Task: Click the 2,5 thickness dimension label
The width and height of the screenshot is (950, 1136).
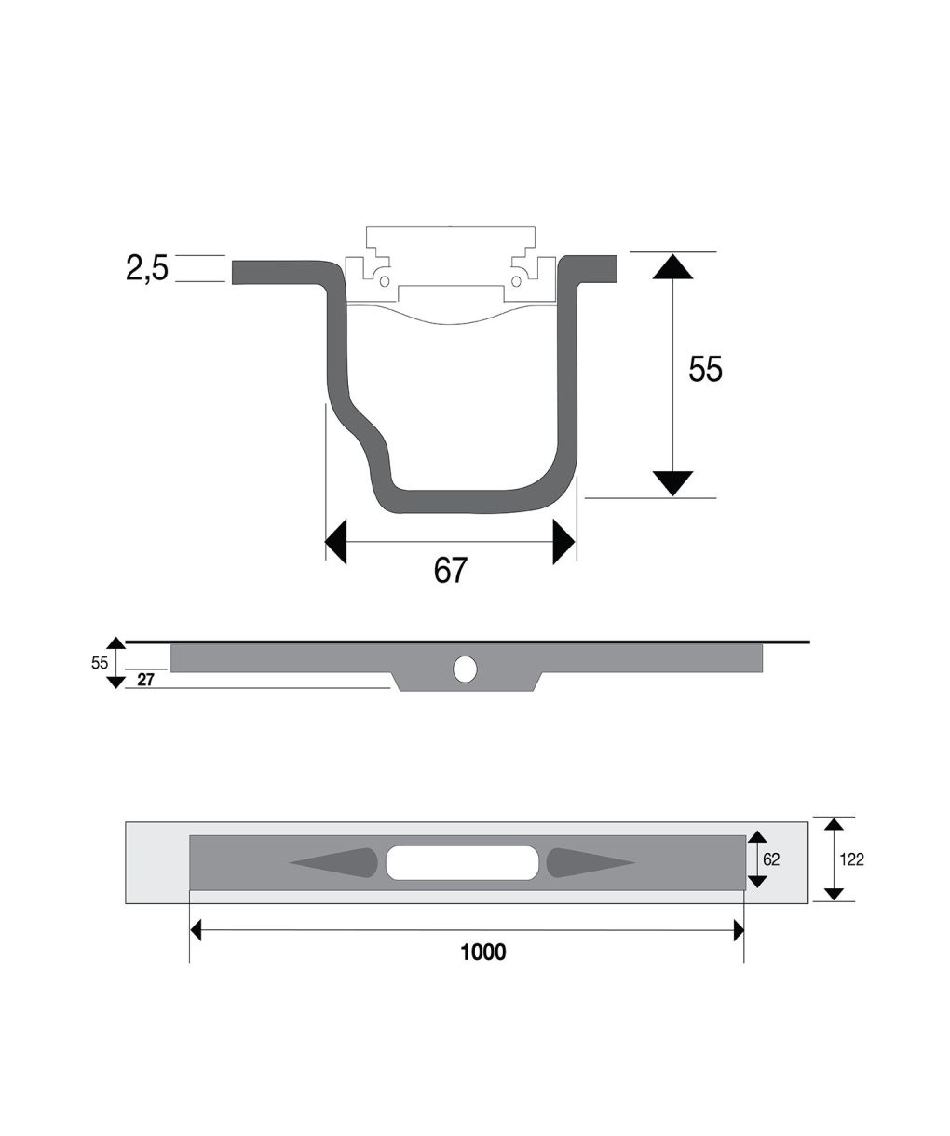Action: click(x=147, y=267)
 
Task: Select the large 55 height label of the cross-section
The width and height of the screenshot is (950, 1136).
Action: click(x=705, y=369)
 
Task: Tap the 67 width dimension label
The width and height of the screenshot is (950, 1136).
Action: click(x=451, y=570)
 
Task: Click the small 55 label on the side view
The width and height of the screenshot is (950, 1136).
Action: click(x=100, y=663)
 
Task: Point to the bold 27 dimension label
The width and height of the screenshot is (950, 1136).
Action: click(x=146, y=680)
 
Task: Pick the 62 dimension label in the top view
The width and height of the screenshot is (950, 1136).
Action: click(x=771, y=859)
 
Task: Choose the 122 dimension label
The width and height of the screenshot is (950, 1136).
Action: click(x=852, y=859)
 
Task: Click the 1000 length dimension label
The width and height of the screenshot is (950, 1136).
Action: click(x=483, y=953)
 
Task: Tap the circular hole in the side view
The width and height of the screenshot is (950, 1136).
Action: click(x=465, y=669)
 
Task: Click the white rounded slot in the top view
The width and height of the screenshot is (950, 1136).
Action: click(x=463, y=862)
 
